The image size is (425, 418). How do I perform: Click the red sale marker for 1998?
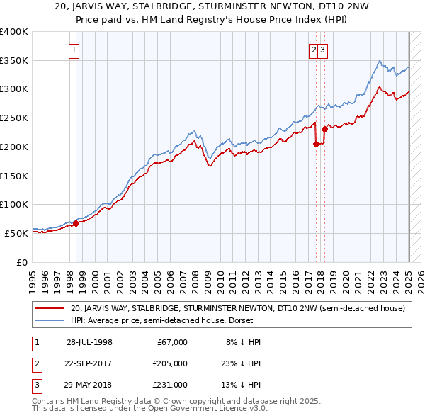(76, 224)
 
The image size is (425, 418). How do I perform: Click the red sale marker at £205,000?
(316, 144)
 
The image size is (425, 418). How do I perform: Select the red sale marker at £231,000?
(324, 129)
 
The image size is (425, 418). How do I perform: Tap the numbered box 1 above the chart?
(74, 50)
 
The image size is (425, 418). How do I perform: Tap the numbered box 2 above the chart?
(313, 50)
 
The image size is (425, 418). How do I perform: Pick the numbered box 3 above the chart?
(323, 50)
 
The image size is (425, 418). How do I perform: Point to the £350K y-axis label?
(14, 61)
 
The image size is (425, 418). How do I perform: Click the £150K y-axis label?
(14, 176)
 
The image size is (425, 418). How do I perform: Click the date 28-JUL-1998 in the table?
(89, 342)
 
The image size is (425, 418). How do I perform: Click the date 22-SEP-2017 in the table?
(89, 363)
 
